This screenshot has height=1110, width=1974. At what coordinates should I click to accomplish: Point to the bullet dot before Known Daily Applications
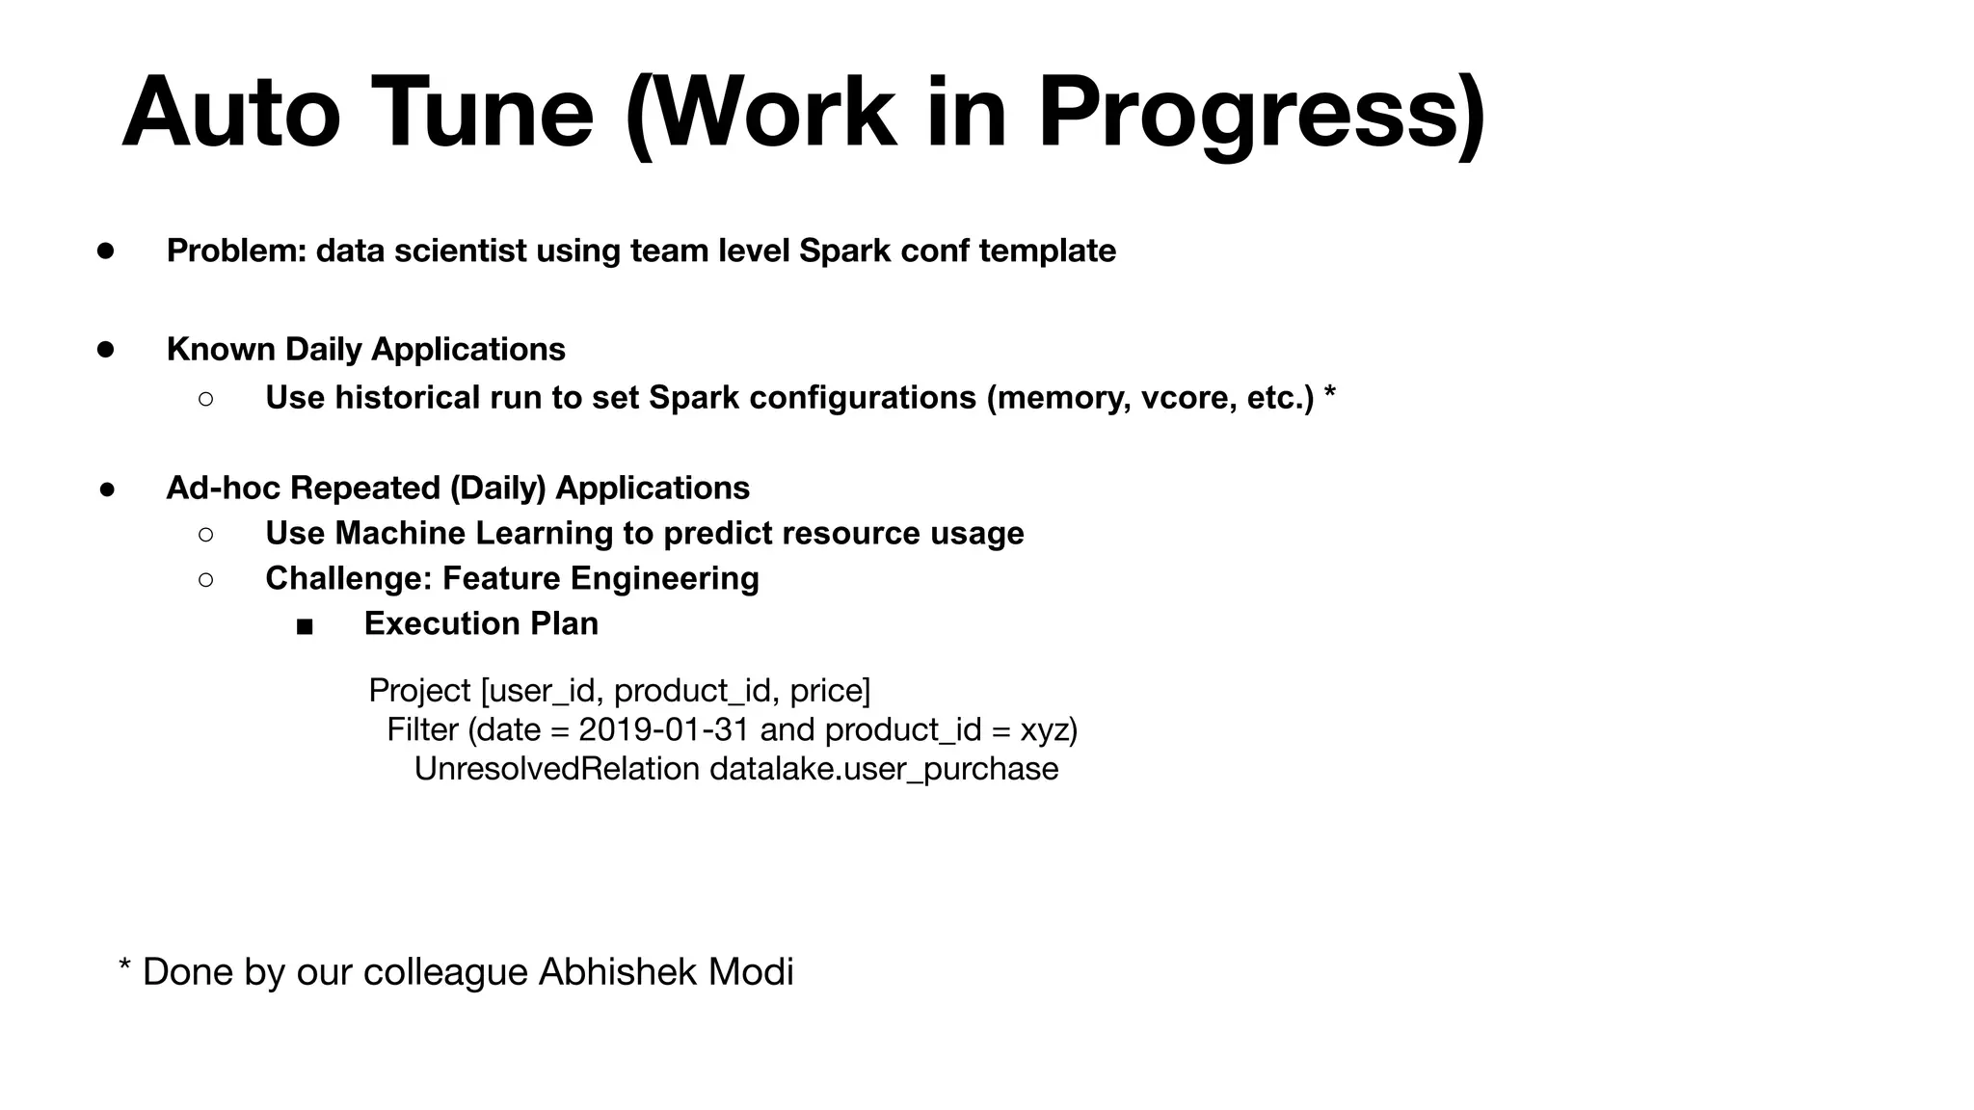click(106, 349)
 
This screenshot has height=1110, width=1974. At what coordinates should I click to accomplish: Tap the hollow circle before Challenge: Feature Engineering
click(205, 579)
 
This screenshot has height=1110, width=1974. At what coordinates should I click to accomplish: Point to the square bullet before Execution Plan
click(305, 626)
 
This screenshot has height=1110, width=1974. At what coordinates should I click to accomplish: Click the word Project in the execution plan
click(419, 691)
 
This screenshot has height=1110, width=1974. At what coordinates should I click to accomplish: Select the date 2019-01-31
click(663, 729)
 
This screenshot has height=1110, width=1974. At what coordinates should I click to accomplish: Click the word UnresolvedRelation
click(556, 769)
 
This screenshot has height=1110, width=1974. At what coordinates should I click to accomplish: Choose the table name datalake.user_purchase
click(884, 769)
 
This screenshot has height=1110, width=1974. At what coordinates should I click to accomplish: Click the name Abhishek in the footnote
click(618, 971)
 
